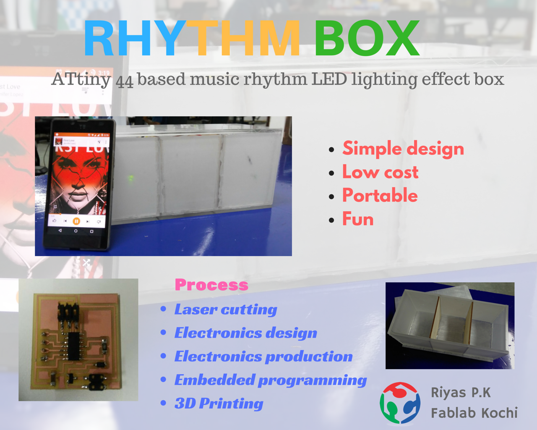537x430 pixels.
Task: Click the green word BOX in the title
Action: click(367, 38)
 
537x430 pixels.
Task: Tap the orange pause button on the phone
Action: click(76, 221)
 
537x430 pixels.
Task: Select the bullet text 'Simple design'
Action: click(403, 149)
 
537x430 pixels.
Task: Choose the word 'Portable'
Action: click(380, 195)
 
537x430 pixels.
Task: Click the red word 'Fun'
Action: click(358, 219)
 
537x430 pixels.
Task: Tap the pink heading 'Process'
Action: click(211, 285)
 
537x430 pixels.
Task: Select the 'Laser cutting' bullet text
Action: click(226, 309)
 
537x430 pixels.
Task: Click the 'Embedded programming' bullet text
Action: click(271, 380)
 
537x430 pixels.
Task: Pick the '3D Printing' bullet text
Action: click(219, 403)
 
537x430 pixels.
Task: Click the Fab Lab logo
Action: click(400, 403)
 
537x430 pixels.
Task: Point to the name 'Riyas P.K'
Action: click(461, 393)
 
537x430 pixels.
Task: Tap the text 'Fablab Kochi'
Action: click(474, 412)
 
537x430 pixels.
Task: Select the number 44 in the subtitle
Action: click(125, 81)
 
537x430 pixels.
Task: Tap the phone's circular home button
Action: click(76, 231)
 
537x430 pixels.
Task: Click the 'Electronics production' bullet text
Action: click(263, 357)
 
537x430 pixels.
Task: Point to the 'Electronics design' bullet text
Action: click(246, 333)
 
